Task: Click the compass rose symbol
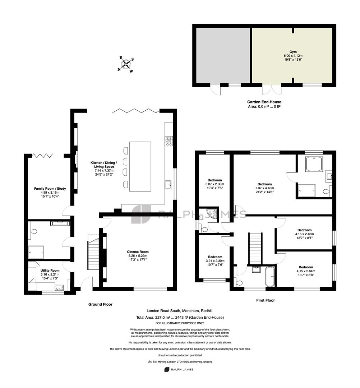126,64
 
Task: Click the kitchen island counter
140,167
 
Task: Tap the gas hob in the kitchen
169,141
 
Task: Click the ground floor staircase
93,253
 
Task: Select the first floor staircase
255,249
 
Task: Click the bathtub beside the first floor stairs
270,276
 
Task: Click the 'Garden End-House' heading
264,102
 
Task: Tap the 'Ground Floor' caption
100,304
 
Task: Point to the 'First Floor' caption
266,300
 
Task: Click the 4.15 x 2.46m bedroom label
305,234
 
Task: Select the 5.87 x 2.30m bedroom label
215,184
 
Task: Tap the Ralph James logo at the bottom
179,369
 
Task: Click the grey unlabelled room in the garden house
223,55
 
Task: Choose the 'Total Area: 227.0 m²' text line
180,318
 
